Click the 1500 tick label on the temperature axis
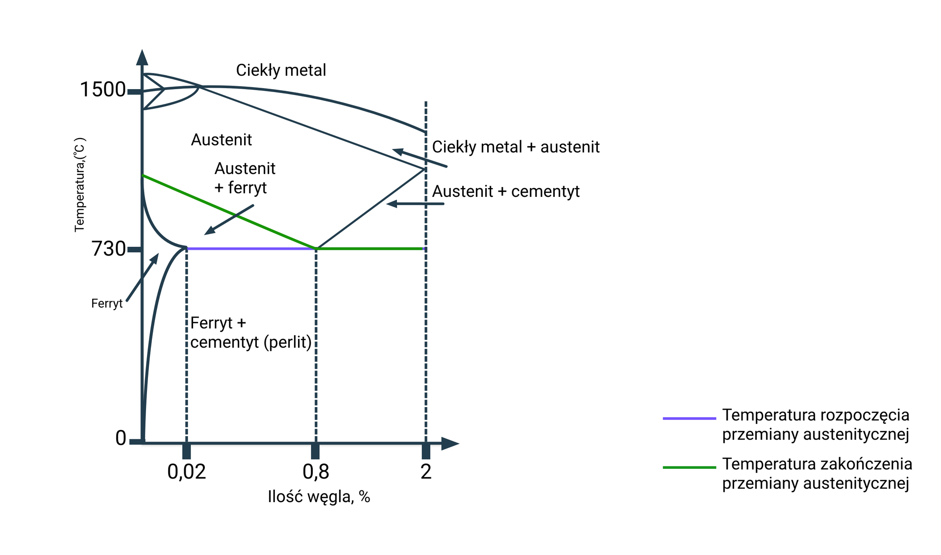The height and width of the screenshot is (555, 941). pos(102,90)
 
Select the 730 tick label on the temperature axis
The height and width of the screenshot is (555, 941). pos(109,249)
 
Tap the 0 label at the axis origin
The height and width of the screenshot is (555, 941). pos(121,438)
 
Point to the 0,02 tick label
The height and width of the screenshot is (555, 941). pos(186,472)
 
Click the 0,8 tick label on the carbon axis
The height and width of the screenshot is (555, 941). pos(316,472)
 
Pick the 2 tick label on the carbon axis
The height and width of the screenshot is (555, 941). pos(426,472)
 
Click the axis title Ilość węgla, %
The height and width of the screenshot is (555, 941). pos(319,497)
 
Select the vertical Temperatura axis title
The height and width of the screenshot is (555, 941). pos(80,185)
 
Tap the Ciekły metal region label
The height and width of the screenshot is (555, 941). pos(281,71)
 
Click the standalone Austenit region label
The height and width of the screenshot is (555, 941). pos(222,140)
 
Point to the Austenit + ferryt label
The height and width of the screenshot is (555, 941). pos(245,178)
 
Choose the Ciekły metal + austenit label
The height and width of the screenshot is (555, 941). pos(516,147)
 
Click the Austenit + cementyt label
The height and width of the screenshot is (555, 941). pos(506,192)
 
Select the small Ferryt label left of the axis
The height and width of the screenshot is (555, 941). pos(107,304)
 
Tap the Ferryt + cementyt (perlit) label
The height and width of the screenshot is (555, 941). pos(251,333)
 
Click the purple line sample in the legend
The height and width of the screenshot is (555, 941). pos(689,418)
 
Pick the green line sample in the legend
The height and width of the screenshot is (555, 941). pos(689,467)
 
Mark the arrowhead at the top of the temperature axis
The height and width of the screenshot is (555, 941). pos(142,57)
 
